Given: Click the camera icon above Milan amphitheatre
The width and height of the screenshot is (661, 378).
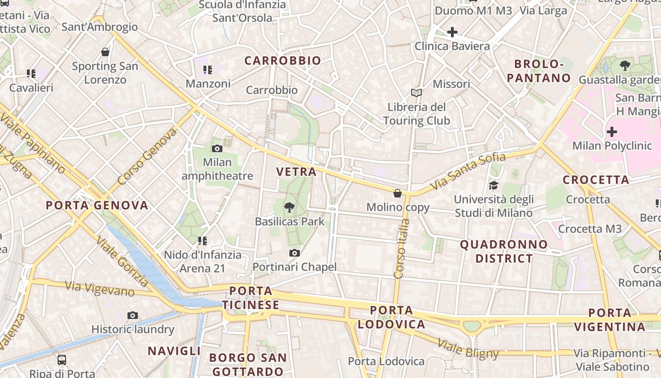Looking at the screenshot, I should (x=217, y=149).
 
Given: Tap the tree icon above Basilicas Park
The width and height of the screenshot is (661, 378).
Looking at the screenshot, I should (x=289, y=207).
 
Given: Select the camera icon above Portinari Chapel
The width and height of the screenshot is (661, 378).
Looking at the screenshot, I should (x=295, y=253).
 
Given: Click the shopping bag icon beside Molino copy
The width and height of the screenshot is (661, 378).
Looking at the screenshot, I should (x=398, y=193).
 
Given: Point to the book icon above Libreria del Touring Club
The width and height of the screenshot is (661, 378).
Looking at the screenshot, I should (x=416, y=93).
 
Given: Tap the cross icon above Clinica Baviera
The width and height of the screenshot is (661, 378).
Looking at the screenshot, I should (x=452, y=32).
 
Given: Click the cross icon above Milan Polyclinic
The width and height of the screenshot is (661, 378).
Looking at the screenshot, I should (x=612, y=132).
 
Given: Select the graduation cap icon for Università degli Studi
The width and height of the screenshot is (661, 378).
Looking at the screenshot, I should (x=494, y=185).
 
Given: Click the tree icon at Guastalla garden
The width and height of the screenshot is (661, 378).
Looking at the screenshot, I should (x=625, y=66).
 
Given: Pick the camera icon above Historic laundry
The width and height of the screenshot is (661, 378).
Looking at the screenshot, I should (x=133, y=315).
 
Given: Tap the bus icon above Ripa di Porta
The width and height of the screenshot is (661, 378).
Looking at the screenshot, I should (x=62, y=360).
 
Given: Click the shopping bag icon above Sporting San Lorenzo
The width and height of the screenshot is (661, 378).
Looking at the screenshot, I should (x=105, y=52).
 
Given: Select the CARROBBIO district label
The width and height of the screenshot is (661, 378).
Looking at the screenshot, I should (x=282, y=60).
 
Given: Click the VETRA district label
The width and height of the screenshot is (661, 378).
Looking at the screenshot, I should (x=297, y=172).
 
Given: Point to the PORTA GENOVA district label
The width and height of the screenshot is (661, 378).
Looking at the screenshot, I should (x=97, y=205).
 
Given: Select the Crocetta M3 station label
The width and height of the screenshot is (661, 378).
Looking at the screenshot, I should (x=590, y=229).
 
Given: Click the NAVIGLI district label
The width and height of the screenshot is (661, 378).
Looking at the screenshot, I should (x=174, y=351).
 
